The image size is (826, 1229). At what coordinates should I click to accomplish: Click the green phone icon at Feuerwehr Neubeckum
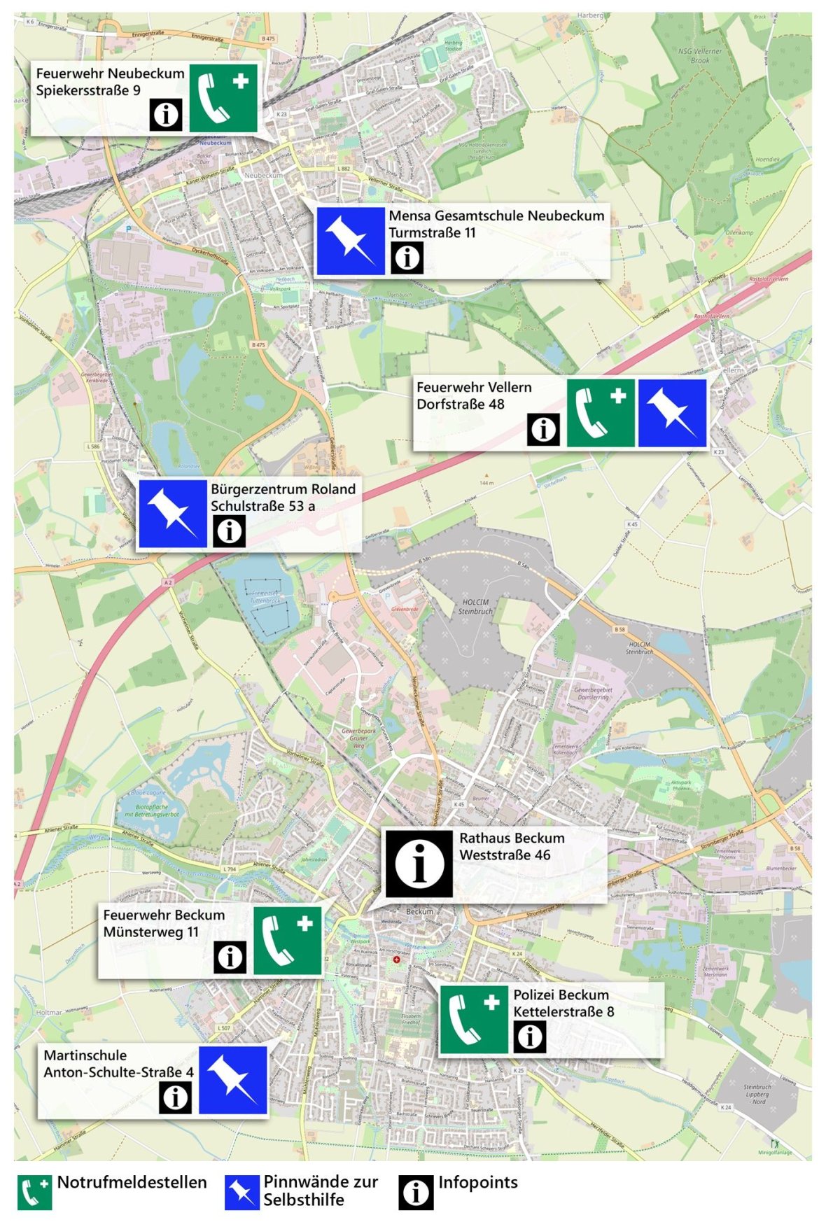click(223, 98)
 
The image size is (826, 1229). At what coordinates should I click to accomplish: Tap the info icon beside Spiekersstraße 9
click(166, 114)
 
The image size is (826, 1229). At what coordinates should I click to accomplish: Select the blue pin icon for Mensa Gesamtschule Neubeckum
click(350, 241)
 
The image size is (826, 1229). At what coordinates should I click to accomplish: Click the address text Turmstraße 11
click(432, 233)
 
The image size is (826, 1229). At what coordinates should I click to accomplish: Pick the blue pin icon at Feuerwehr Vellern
click(672, 413)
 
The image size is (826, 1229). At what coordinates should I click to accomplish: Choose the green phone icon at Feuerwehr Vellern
click(601, 413)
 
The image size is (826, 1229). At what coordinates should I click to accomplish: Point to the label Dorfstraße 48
click(460, 405)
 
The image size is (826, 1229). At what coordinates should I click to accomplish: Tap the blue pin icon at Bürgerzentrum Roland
click(172, 514)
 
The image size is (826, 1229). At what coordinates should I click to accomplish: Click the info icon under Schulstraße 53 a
click(229, 531)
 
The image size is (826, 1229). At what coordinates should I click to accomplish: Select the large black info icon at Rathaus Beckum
click(419, 864)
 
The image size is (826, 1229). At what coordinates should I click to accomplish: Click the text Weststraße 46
click(505, 855)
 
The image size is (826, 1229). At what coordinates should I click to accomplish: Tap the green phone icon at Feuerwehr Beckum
click(287, 941)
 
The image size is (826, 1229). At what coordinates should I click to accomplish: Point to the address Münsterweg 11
click(150, 932)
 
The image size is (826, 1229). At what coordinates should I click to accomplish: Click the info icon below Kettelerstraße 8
click(530, 1037)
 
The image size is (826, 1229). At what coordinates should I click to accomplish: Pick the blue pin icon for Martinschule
click(233, 1080)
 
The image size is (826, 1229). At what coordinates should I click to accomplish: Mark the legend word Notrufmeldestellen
click(132, 1183)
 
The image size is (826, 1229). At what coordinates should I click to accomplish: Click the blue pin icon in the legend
click(241, 1193)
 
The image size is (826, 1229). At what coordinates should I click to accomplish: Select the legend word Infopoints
click(478, 1183)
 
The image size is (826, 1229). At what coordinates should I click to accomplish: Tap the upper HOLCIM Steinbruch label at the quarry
click(475, 607)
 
